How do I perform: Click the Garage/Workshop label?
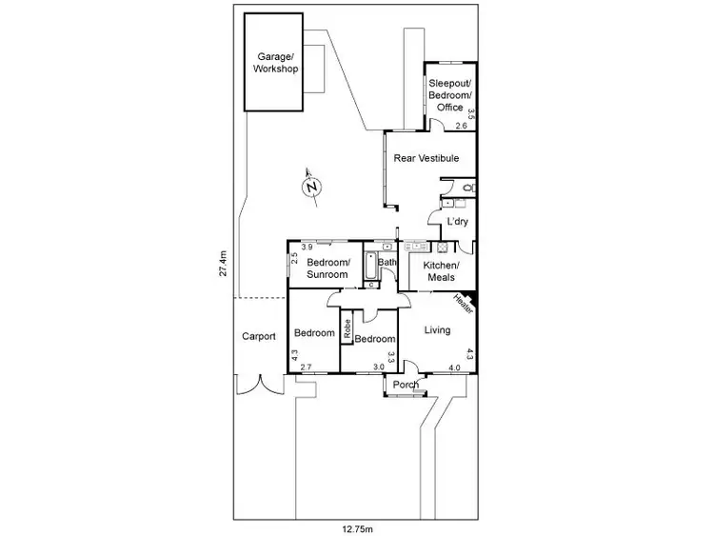tap(275, 64)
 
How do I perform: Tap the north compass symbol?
tap(310, 188)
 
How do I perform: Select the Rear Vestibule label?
tap(426, 158)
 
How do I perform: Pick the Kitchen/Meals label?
tap(441, 270)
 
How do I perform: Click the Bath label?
tap(387, 263)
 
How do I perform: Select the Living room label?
tap(434, 331)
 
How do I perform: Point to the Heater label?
tap(463, 305)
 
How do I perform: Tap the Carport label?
tap(259, 336)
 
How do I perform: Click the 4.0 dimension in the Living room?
tap(454, 367)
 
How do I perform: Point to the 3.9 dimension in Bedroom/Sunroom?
tap(295, 248)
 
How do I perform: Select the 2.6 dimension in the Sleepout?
tap(461, 126)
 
